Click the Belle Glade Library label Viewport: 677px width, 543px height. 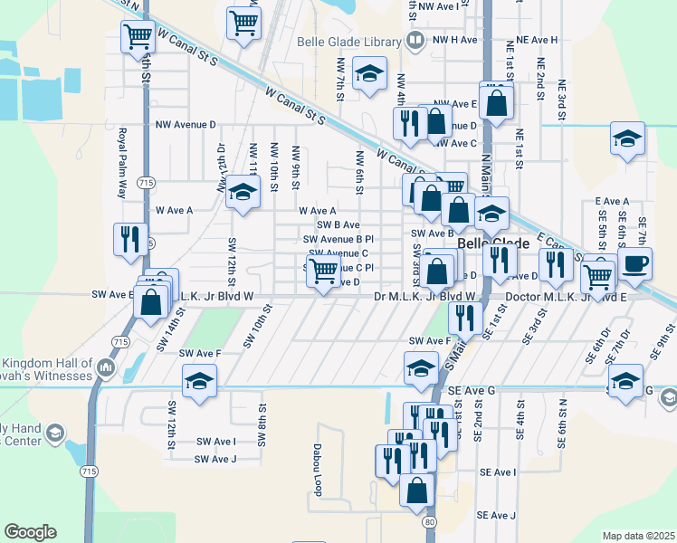pos(348,42)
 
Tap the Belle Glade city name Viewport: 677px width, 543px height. pos(493,243)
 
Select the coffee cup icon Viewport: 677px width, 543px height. pos(634,263)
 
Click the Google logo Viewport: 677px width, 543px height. pos(30,532)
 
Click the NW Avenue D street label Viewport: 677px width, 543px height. pos(186,124)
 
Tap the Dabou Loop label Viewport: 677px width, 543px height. pos(318,474)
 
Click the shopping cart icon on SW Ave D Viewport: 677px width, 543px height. pos(323,271)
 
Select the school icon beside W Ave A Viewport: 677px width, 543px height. pos(242,193)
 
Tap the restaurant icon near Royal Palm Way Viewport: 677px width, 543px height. pos(130,239)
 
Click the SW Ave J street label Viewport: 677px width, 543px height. pos(215,459)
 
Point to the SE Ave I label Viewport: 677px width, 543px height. pos(498,472)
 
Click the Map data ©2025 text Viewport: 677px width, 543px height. pos(638,536)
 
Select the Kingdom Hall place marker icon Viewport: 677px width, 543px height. pos(106,368)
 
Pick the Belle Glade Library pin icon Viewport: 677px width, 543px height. pos(415,40)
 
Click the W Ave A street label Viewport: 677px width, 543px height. pos(175,210)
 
